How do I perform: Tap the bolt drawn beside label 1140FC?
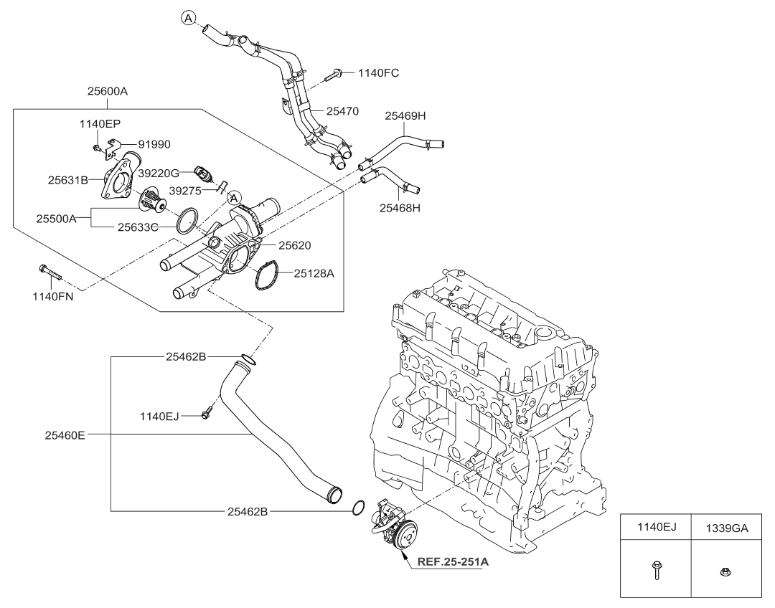(x=334, y=73)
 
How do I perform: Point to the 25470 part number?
(x=342, y=111)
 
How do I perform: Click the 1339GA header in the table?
(x=727, y=528)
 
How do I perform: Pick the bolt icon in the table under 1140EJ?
(x=655, y=571)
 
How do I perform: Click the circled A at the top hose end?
(x=187, y=18)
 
